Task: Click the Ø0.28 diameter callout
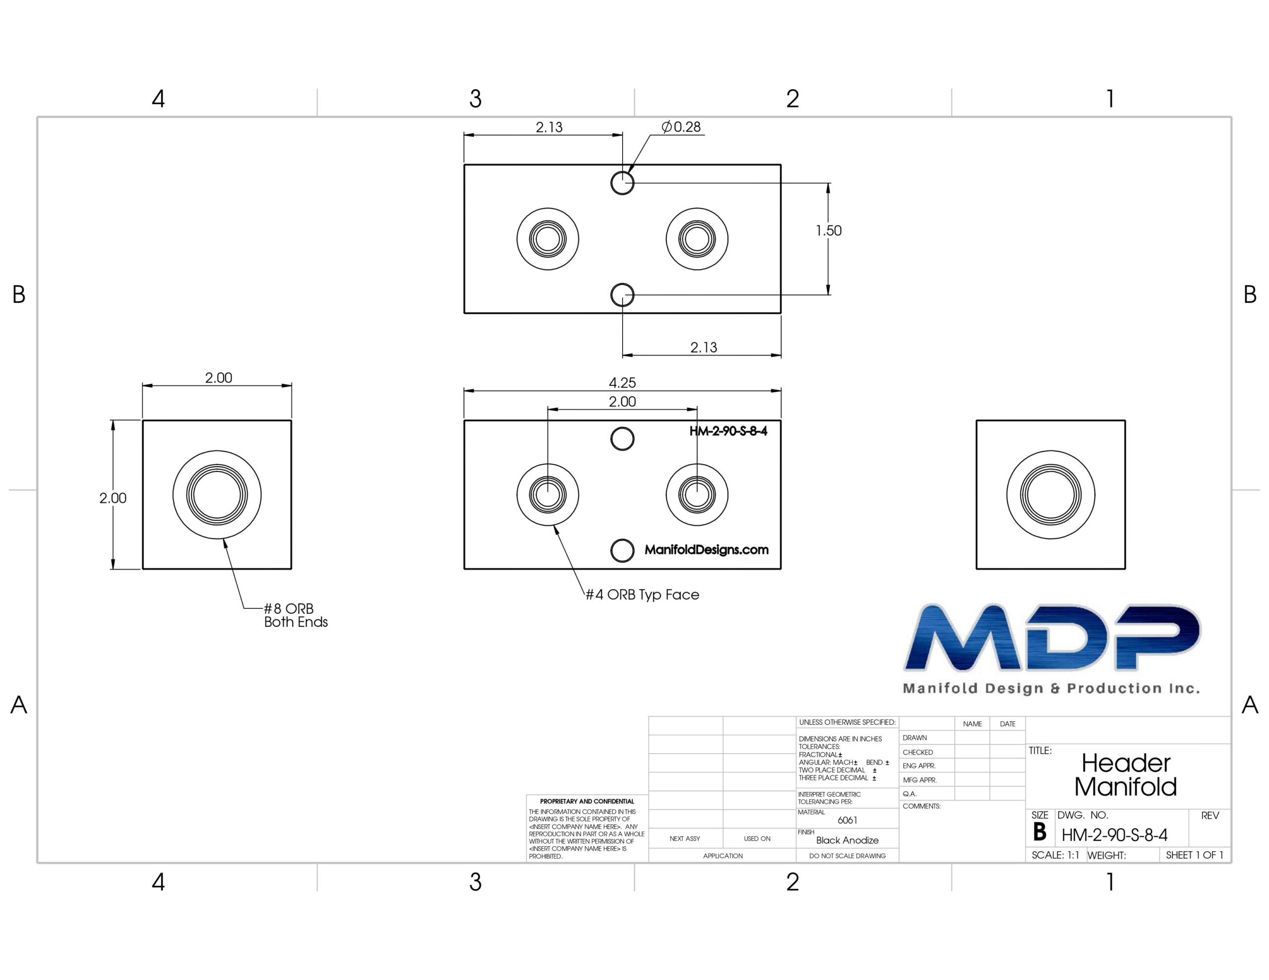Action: point(681,127)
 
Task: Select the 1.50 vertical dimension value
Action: point(829,230)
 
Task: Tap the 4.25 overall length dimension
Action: point(622,383)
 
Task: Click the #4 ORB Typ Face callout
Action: point(642,595)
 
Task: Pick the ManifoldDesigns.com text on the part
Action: point(706,549)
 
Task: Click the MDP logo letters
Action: point(1052,637)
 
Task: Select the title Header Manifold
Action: point(1125,775)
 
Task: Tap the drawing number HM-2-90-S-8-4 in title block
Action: point(1114,835)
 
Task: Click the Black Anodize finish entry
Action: point(847,840)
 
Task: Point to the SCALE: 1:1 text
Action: point(1055,855)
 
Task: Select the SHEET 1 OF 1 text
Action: point(1195,855)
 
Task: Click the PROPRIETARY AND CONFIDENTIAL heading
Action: point(587,801)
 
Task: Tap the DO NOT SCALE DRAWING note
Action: point(847,856)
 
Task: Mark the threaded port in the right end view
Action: point(1050,495)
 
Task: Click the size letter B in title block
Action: point(1039,832)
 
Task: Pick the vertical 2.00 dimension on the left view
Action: point(113,498)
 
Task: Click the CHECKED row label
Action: point(918,752)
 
